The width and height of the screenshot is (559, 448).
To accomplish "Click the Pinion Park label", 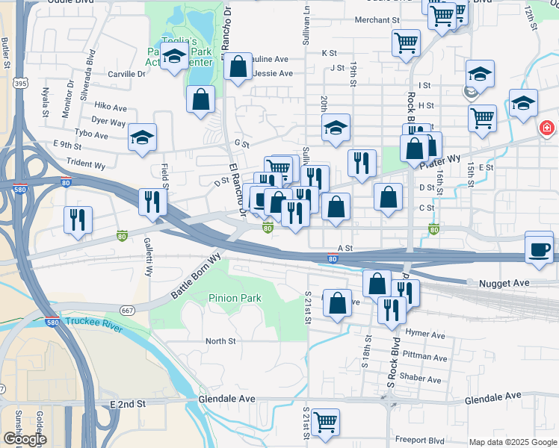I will point(235,298).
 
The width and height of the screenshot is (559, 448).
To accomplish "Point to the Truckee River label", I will point(93,322).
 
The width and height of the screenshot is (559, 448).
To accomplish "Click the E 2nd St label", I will point(127,403).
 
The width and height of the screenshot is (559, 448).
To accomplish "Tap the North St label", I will point(220,341).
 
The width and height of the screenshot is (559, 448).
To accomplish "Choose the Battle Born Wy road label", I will point(197,276).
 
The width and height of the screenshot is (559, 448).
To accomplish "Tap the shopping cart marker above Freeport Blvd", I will point(325,422).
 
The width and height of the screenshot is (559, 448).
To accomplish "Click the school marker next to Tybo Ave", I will point(142,137).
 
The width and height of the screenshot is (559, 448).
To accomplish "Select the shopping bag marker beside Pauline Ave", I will point(238,66).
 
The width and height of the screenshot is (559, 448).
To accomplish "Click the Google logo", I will point(24,439).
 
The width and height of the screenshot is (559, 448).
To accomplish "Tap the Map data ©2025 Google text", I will point(512,442).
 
